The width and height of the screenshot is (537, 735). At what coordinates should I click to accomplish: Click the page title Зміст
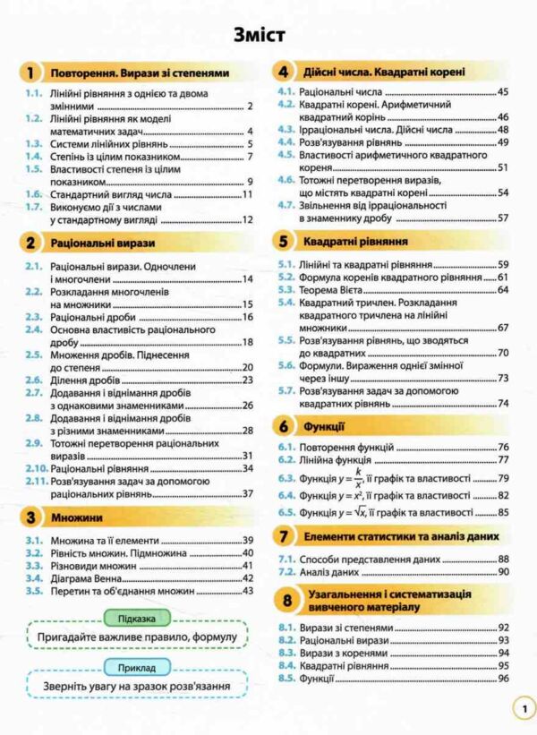[x=260, y=36]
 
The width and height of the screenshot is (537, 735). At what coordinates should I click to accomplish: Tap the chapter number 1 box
[x=32, y=73]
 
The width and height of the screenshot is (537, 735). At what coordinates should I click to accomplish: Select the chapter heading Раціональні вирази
[x=103, y=243]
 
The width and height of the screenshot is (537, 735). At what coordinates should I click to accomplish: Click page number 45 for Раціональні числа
[x=503, y=92]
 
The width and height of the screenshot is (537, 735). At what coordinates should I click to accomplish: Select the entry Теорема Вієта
[x=336, y=290]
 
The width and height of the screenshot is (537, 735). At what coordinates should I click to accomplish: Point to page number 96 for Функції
[x=503, y=679]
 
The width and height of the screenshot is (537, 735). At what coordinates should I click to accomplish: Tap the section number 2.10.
[x=36, y=468]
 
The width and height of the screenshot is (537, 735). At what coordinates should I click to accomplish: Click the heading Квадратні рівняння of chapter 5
[x=356, y=242]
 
